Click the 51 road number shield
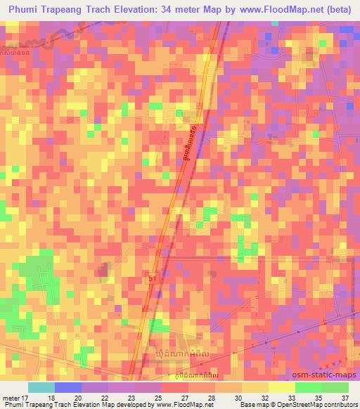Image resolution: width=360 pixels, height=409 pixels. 153,279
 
